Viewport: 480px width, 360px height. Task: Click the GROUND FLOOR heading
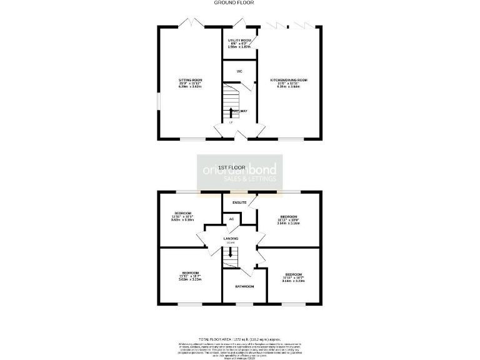coord(239,2)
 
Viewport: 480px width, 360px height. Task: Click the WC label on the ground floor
coord(239,71)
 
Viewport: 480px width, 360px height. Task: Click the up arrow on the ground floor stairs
coord(232,112)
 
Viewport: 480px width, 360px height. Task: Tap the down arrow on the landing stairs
coord(231,253)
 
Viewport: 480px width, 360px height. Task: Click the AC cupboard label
coord(231,219)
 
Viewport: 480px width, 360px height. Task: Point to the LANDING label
coord(231,239)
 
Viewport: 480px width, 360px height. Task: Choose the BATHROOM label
coord(244,286)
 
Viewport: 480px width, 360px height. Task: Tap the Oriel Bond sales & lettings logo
coord(241,172)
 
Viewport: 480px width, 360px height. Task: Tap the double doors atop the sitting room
coord(191,23)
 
